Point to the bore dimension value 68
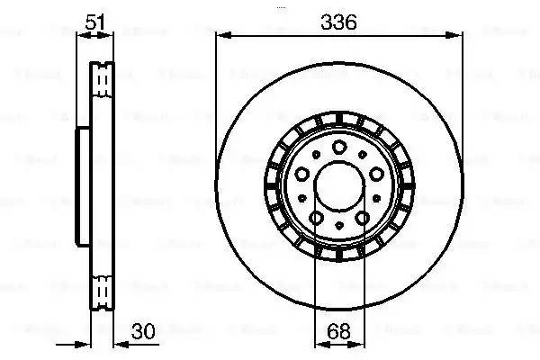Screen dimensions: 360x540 click(340, 330)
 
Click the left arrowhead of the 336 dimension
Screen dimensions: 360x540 click(221, 36)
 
